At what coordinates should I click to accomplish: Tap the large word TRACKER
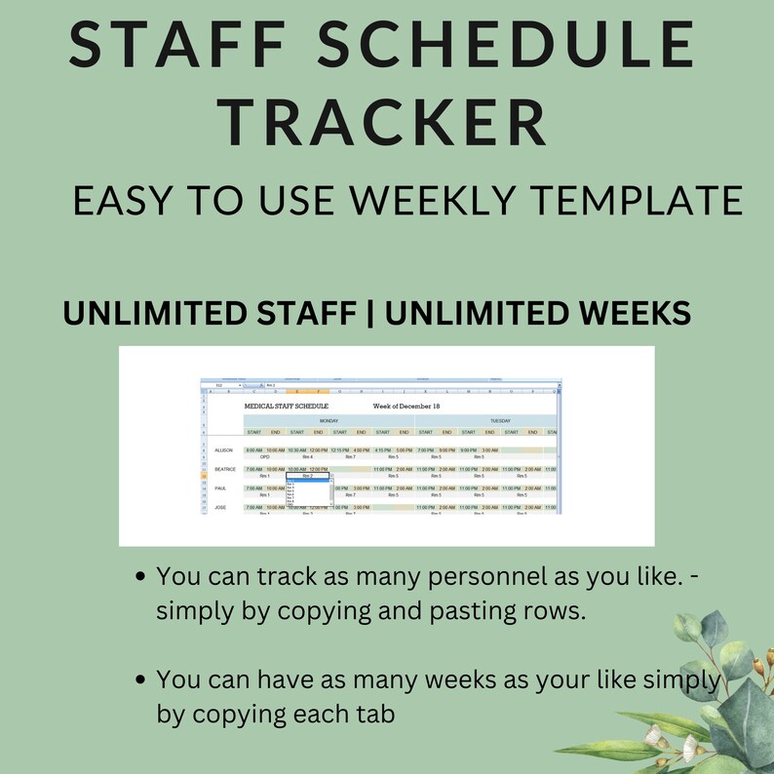pyautogui.click(x=380, y=124)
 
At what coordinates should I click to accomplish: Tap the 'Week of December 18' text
pyautogui.click(x=406, y=406)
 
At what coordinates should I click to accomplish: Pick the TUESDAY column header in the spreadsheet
pyautogui.click(x=500, y=421)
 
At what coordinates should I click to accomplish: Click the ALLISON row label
pyautogui.click(x=224, y=450)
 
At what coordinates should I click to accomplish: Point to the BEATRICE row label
pyautogui.click(x=225, y=469)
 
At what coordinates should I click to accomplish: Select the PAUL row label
pyautogui.click(x=221, y=487)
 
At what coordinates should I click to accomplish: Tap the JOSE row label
pyautogui.click(x=221, y=507)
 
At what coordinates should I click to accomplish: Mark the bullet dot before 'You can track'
pyautogui.click(x=142, y=577)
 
